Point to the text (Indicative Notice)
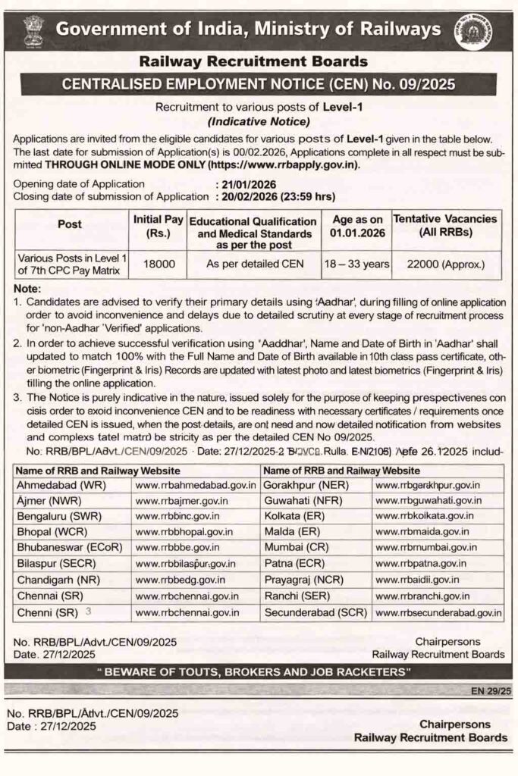tap(259, 121)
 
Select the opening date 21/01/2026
tap(246, 184)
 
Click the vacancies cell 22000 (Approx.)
tap(446, 264)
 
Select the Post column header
tap(70, 224)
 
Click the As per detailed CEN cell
tap(258, 264)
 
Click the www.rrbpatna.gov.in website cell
tap(422, 564)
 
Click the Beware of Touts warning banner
tap(259, 672)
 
